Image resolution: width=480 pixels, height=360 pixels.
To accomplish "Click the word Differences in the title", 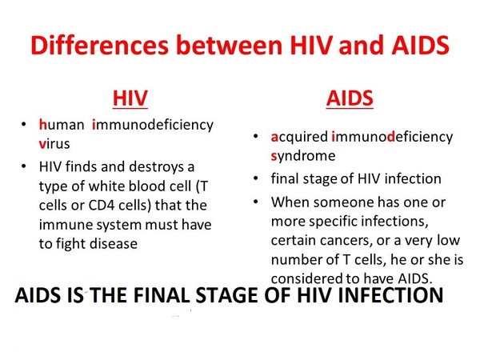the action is point(99,45).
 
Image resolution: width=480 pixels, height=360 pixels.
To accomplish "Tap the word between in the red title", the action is point(229,45).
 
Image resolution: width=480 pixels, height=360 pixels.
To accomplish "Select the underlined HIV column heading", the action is point(130,98).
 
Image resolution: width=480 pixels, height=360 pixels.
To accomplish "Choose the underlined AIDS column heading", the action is point(350,98).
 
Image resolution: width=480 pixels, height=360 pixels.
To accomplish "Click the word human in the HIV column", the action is point(62,125).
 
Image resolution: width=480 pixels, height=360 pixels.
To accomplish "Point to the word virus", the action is point(54,143).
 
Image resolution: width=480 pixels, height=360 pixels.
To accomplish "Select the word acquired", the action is point(299,137).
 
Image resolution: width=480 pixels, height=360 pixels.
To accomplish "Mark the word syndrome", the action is point(303,156).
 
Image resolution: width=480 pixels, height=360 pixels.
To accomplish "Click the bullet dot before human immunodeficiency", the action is point(24,125).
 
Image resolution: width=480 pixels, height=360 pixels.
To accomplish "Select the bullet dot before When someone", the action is point(256,202).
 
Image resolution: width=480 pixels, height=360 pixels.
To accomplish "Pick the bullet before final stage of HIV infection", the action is point(256,178).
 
